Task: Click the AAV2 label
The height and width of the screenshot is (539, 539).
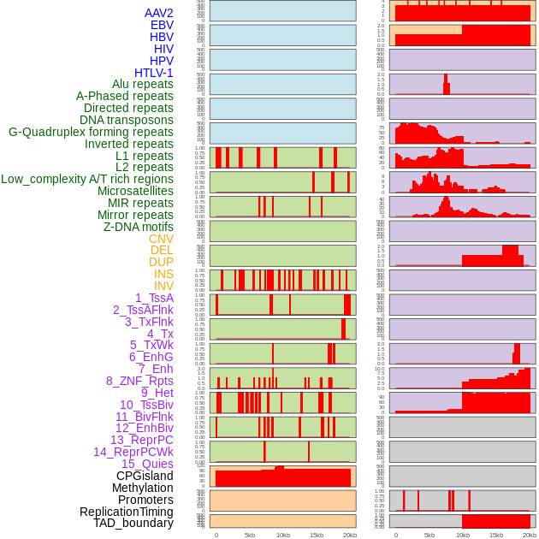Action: point(159,13)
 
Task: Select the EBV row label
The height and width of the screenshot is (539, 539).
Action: point(162,25)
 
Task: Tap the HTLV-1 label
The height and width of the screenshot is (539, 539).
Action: point(154,73)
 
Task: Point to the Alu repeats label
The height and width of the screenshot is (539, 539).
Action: point(143,84)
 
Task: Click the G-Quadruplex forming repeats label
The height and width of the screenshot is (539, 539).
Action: point(91,132)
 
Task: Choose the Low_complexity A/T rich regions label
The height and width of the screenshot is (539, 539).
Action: point(87,179)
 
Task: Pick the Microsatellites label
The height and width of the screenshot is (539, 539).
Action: point(135,191)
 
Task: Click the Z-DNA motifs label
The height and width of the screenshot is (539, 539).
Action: point(139,227)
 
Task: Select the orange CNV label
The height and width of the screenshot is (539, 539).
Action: point(161,239)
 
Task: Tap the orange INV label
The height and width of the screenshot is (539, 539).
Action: point(163,286)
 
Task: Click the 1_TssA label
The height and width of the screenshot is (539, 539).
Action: point(154,298)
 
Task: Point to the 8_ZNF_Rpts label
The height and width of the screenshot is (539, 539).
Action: point(139,381)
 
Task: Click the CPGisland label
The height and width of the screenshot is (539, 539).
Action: point(145,476)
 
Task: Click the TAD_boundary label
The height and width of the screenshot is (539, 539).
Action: point(133,523)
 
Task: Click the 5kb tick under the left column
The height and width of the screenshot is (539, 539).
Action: point(250,535)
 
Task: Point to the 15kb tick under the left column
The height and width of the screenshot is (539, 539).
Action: point(317,535)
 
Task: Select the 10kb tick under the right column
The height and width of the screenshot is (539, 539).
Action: point(463,535)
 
